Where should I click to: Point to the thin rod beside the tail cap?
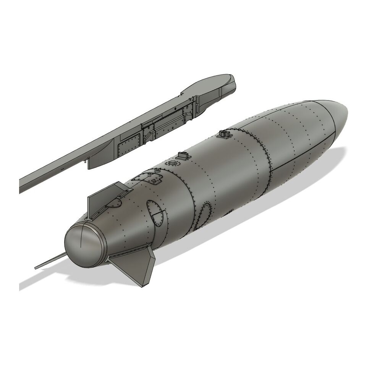point(50,262)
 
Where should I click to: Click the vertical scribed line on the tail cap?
point(81,241)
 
